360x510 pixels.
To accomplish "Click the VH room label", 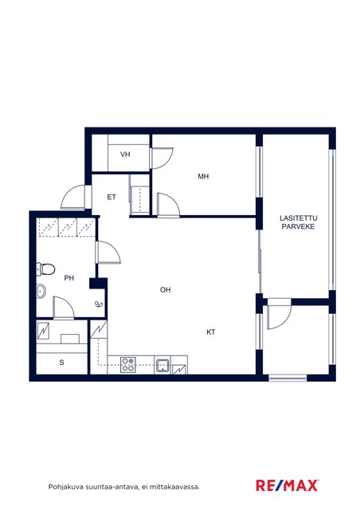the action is pyautogui.click(x=125, y=154).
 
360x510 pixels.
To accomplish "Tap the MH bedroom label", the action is pyautogui.click(x=203, y=176).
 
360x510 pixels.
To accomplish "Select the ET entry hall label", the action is pyautogui.click(x=112, y=197).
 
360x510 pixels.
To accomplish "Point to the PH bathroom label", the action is pyautogui.click(x=69, y=278).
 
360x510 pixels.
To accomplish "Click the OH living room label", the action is pyautogui.click(x=165, y=289).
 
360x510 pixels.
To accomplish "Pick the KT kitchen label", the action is pyautogui.click(x=211, y=332).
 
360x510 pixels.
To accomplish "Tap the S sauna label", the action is pyautogui.click(x=62, y=363).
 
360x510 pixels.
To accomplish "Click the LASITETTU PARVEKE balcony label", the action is pyautogui.click(x=298, y=222).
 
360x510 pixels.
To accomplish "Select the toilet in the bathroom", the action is pyautogui.click(x=45, y=269).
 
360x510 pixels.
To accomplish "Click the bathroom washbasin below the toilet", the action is pyautogui.click(x=41, y=291).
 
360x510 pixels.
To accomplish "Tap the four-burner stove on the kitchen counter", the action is pyautogui.click(x=128, y=365).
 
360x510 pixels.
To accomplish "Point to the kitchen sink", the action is pyautogui.click(x=162, y=365).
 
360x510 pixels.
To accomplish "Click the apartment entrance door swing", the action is pyautogui.click(x=73, y=197).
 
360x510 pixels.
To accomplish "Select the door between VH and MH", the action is pyautogui.click(x=162, y=158).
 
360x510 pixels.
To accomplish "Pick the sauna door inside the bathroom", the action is pyautogui.click(x=64, y=308).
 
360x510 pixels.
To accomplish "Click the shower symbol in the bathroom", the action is pyautogui.click(x=99, y=304).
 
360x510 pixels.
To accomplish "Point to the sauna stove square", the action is pyautogui.click(x=70, y=339).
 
